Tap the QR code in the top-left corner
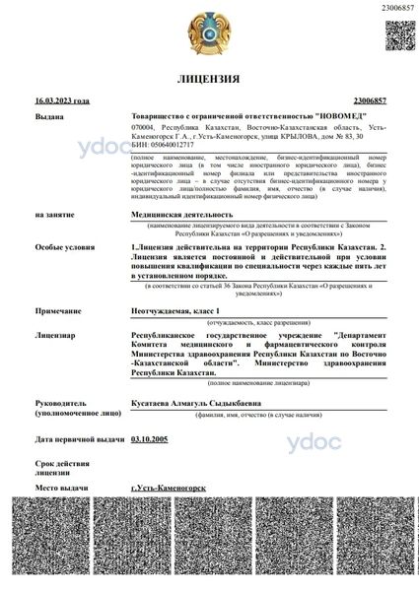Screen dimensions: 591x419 pos(38,33)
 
